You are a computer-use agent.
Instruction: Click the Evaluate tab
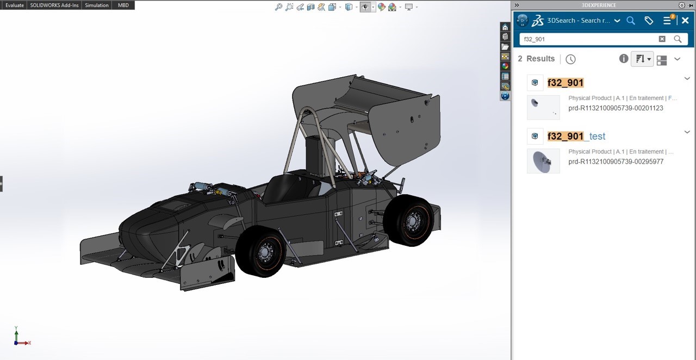15,5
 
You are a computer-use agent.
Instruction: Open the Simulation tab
97,5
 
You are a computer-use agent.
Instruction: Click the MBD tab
123,5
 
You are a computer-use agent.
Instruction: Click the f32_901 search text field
587,39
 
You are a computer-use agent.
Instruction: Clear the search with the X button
662,39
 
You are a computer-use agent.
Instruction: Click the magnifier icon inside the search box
678,39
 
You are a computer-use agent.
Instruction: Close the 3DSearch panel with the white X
685,21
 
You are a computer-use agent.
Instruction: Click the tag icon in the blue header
649,21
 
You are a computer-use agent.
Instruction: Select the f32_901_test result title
576,136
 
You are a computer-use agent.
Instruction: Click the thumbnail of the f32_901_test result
543,161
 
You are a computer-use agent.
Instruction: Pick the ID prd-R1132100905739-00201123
616,108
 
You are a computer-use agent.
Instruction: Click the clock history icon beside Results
570,59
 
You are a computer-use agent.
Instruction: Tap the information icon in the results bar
624,59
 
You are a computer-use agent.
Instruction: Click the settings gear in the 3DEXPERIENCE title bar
682,5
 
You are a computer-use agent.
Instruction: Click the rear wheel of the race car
409,220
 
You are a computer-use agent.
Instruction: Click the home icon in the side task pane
505,27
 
